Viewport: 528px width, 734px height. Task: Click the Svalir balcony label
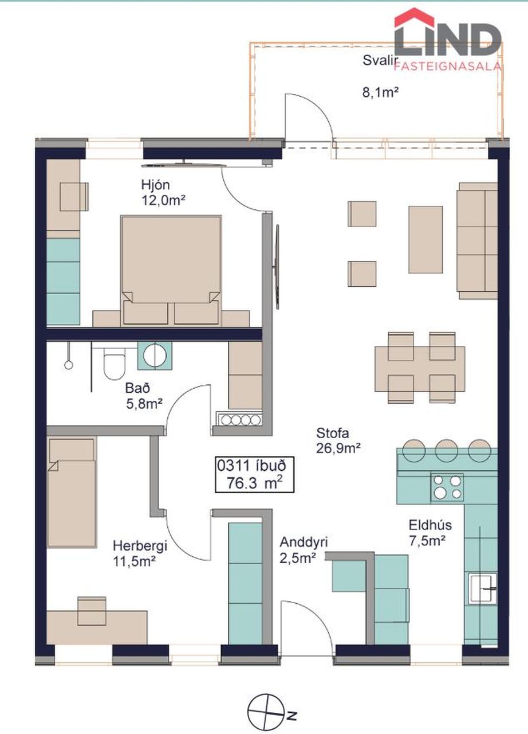[380, 61]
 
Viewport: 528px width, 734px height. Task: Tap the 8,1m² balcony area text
[380, 92]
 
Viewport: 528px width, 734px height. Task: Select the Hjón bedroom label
[156, 185]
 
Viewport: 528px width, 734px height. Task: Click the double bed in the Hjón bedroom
[171, 271]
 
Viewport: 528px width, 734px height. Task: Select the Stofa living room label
[333, 433]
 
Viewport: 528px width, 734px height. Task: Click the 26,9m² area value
[338, 448]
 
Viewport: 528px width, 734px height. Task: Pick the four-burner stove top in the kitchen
[447, 487]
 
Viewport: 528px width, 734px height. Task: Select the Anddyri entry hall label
[304, 542]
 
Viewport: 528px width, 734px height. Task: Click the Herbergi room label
[140, 546]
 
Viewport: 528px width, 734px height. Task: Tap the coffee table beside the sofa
[425, 240]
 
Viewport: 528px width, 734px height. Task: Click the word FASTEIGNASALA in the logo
[447, 66]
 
